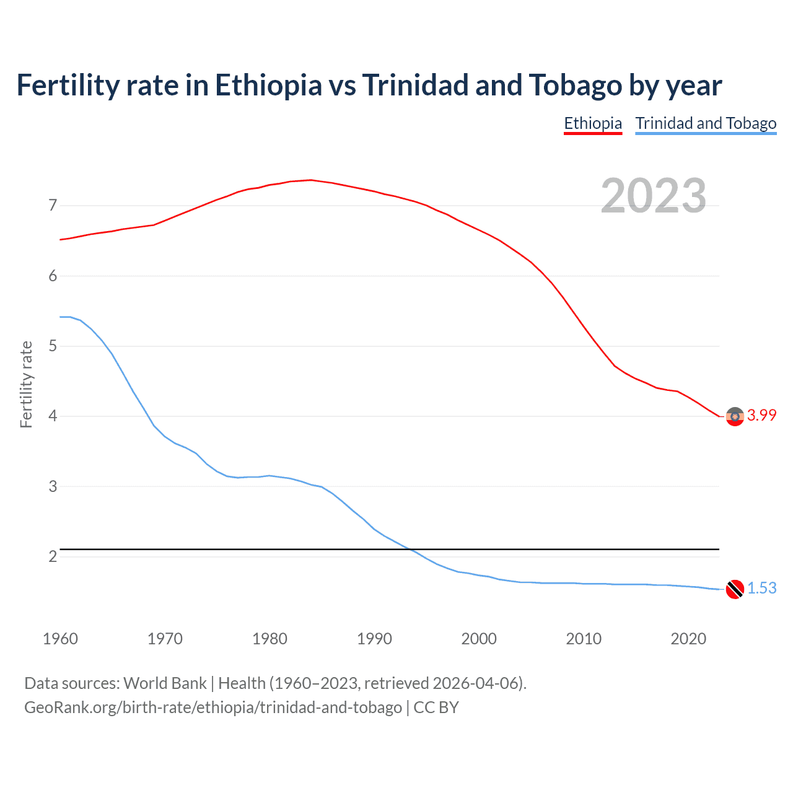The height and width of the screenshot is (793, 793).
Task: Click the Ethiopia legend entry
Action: (592, 123)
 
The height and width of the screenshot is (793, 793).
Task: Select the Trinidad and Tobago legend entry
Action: (706, 123)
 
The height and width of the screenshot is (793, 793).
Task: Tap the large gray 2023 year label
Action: (653, 196)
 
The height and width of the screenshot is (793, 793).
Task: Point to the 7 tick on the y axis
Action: (53, 205)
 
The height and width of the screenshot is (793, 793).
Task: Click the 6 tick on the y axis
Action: (53, 276)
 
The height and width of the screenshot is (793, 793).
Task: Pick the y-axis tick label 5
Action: (53, 346)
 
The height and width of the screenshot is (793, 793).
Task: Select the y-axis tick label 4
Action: (53, 416)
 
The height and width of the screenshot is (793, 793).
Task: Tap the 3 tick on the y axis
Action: (53, 486)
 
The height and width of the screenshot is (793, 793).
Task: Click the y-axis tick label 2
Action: (53, 556)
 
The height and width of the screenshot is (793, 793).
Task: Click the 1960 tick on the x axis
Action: (60, 639)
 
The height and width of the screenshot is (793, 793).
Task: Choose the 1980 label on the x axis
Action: (269, 639)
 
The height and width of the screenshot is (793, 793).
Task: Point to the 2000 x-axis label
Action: (479, 639)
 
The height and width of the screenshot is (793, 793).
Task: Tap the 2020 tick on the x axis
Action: (688, 639)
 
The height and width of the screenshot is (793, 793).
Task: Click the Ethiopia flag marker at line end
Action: (735, 416)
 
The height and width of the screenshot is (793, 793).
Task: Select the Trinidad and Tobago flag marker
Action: (735, 589)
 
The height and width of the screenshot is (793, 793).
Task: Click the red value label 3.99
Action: (761, 416)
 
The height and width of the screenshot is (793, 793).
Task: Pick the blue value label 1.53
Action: (761, 588)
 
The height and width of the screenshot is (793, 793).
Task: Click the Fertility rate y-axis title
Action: (26, 384)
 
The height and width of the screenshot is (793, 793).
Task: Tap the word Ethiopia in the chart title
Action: (268, 85)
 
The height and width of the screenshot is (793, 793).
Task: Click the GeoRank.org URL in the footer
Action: (213, 707)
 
